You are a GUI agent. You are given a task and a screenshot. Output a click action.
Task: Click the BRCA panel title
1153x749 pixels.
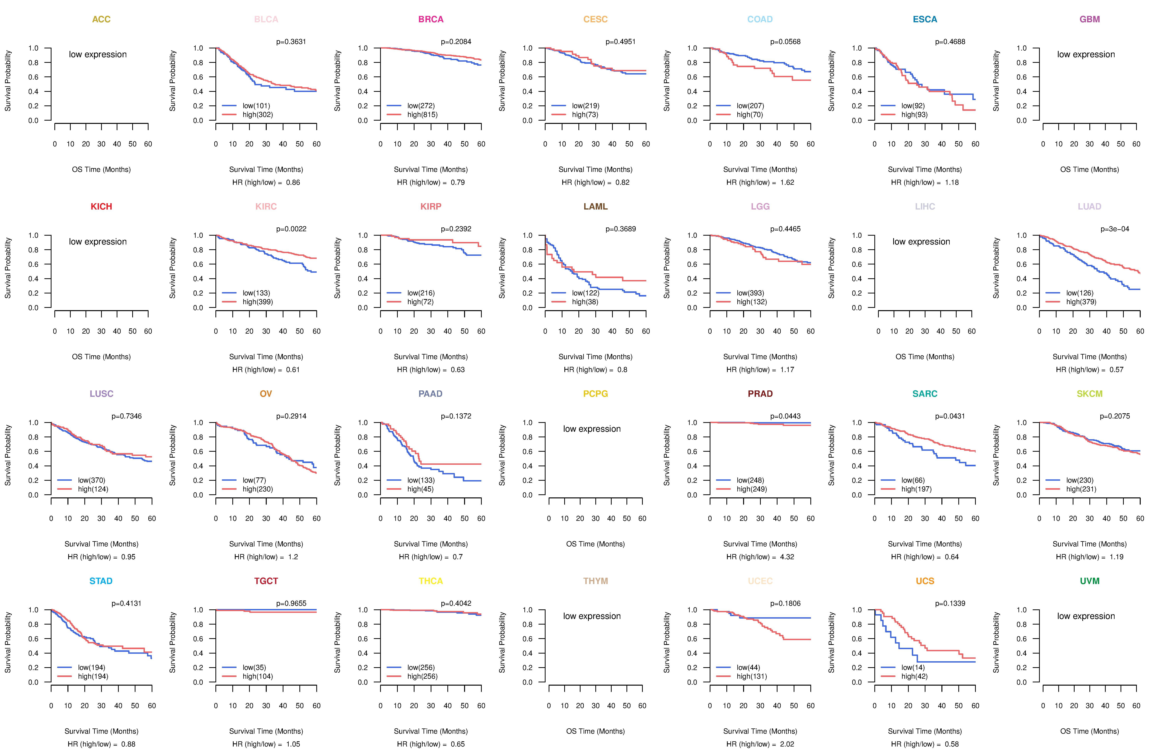[431, 19]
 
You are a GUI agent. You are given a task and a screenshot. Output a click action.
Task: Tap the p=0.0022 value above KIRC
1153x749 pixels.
[291, 229]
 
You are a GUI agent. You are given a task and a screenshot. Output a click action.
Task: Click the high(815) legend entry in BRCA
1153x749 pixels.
[422, 115]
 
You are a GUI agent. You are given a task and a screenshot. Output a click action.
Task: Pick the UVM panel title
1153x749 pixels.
[1090, 581]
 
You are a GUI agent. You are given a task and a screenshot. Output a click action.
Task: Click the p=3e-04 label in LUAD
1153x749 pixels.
[1115, 229]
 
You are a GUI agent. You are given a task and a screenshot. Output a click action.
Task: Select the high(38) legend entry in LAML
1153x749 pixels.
[585, 302]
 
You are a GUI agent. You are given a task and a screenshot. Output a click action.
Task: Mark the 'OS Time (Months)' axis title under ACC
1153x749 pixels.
[101, 169]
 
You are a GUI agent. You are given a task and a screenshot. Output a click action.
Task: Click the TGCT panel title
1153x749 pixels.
[266, 581]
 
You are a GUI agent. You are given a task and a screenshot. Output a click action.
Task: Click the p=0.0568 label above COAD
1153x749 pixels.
[785, 42]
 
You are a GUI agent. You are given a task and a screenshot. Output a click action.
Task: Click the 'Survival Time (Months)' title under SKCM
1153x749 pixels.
[1090, 544]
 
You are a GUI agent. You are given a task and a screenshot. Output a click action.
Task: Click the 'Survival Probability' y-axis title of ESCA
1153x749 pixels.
[831, 81]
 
